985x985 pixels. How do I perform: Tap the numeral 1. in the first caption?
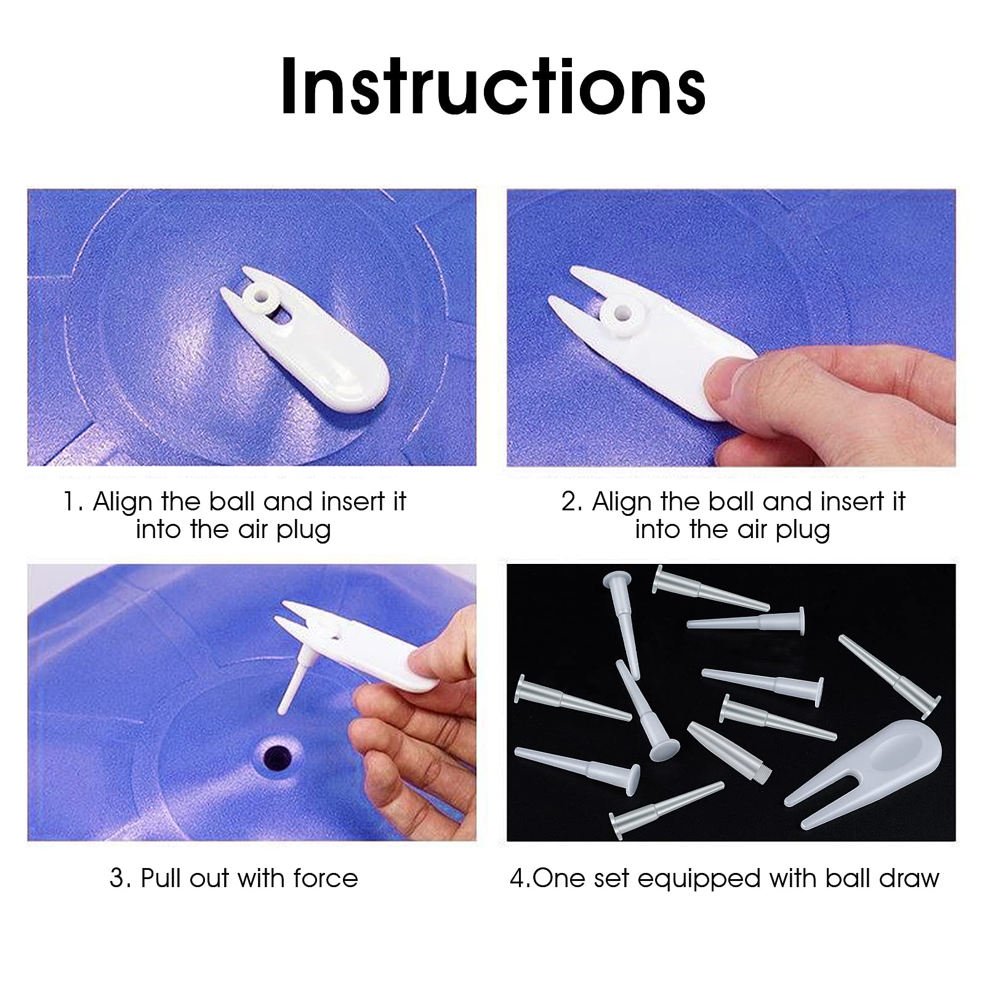point(73,502)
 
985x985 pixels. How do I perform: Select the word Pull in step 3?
point(161,878)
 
